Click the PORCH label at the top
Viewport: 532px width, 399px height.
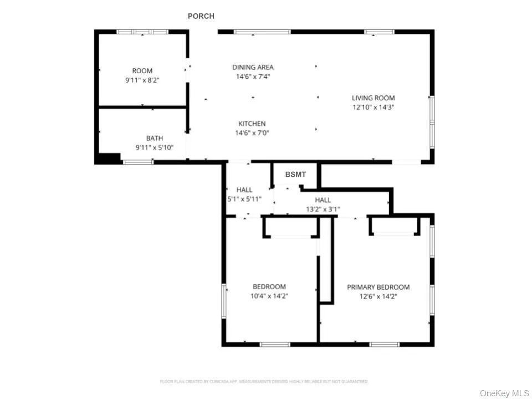tap(201, 16)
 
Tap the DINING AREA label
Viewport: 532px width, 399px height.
tap(253, 68)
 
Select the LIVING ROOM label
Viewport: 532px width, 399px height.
tap(374, 98)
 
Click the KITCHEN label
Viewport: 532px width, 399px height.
tap(252, 124)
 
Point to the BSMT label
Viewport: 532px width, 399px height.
tap(295, 175)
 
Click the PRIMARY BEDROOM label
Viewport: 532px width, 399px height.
tap(378, 287)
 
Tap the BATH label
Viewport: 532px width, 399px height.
tap(155, 139)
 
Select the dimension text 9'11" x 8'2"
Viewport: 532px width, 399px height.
tap(142, 80)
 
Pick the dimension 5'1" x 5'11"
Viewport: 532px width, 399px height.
tap(244, 198)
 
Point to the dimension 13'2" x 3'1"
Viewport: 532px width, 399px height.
tap(323, 209)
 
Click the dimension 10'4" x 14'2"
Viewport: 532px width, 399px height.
tap(269, 296)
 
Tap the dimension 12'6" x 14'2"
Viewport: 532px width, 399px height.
tap(378, 296)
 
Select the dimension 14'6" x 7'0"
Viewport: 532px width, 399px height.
tap(252, 132)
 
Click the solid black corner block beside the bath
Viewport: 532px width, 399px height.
tap(108, 158)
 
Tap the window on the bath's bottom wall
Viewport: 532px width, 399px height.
tap(138, 162)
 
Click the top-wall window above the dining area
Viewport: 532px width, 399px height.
tap(262, 32)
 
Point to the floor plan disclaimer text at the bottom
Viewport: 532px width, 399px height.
tap(264, 381)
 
